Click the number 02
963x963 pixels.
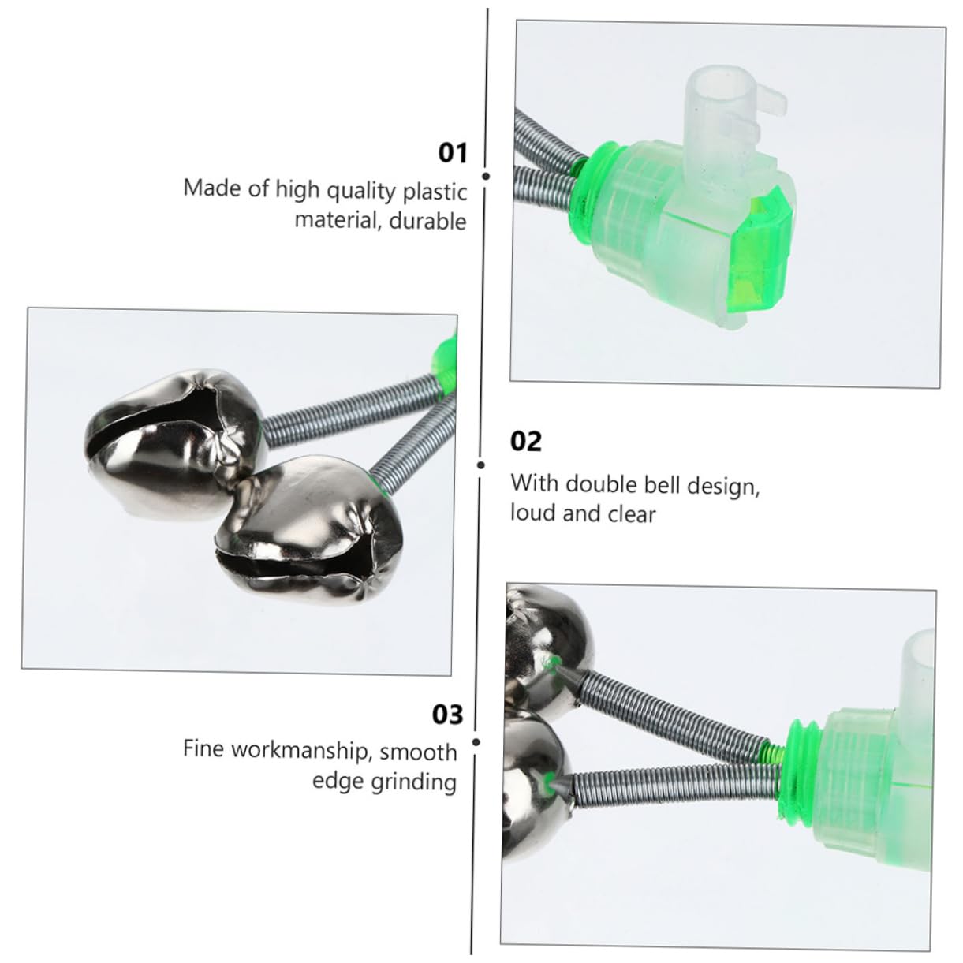[526, 441]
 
